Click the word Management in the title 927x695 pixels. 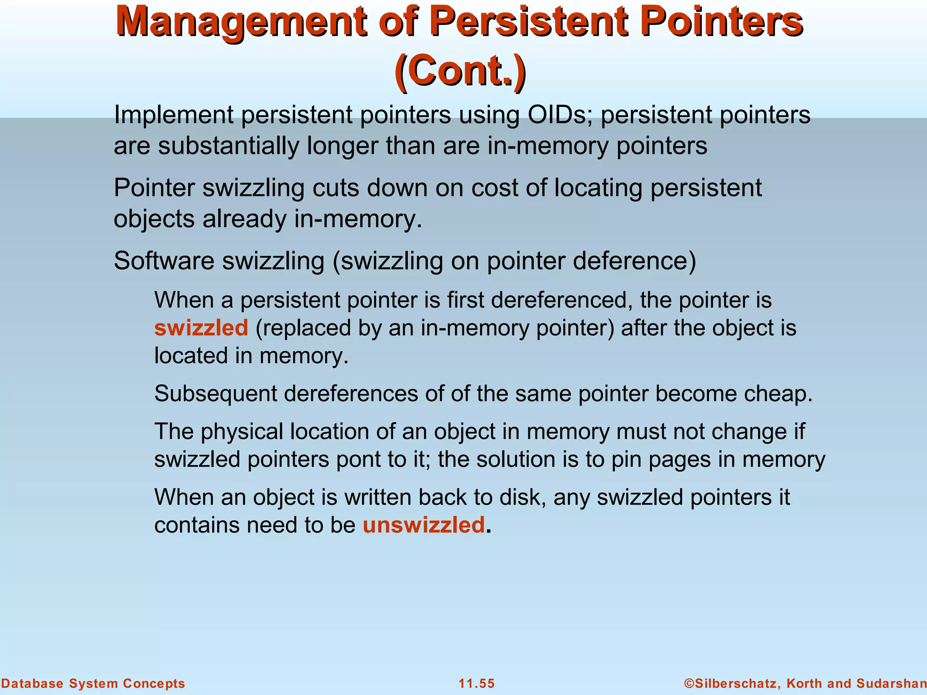[240, 23]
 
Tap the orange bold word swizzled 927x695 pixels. [201, 328]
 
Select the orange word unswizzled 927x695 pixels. [424, 525]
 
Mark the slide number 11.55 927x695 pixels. [477, 683]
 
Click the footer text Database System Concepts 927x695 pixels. [93, 683]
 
